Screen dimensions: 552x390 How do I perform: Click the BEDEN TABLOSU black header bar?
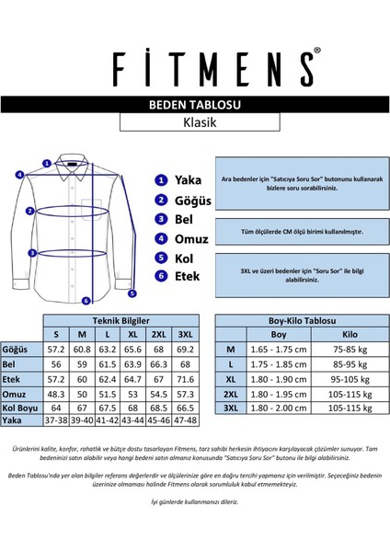[194, 106]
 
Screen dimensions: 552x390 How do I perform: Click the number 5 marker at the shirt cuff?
[132, 293]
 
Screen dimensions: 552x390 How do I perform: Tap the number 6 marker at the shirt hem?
[85, 300]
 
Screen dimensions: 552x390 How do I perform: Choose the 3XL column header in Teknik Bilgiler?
[185, 334]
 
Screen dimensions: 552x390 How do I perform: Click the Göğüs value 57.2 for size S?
[56, 350]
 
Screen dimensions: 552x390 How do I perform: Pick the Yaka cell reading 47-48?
[185, 420]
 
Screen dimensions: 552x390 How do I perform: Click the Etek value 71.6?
[185, 378]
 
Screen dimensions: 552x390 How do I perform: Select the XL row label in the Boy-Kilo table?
[230, 378]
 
